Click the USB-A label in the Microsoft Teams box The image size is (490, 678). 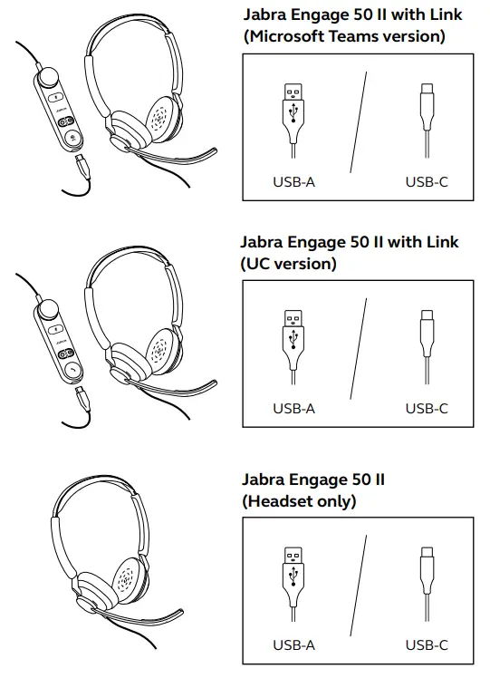[x=293, y=182]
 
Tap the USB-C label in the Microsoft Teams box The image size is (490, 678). [x=427, y=182]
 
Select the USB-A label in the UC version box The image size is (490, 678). [x=293, y=409]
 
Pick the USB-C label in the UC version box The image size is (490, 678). [x=427, y=409]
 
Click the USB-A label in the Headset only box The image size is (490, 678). [x=293, y=645]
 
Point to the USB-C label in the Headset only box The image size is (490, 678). [x=427, y=645]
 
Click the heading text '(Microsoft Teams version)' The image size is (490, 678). [x=343, y=37]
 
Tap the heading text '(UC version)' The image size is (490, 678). [x=289, y=264]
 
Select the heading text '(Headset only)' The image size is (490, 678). [x=299, y=500]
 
